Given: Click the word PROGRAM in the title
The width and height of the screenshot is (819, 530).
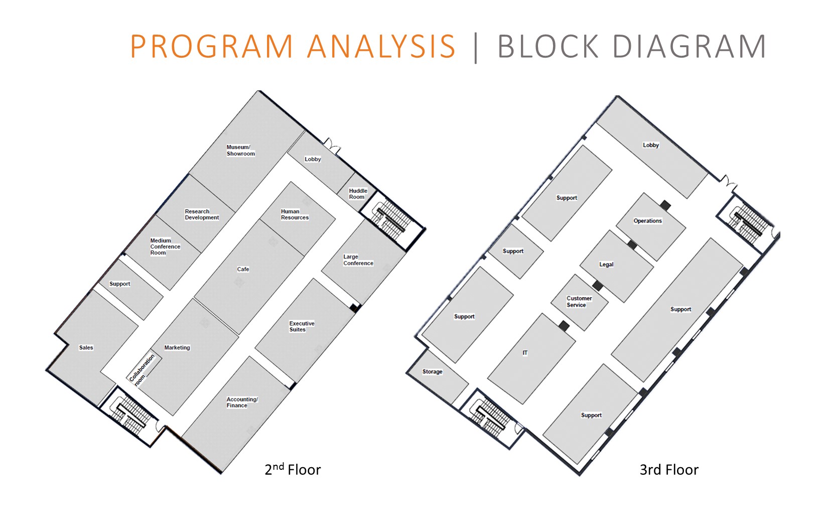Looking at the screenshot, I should pos(211,47).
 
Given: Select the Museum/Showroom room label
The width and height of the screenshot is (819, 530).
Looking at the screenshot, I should pos(240,151).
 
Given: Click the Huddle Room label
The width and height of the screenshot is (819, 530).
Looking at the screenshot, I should pos(358,194).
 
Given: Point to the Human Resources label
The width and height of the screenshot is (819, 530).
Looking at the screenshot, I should pos(295,214).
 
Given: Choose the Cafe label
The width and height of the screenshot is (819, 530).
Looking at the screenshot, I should pos(243,270).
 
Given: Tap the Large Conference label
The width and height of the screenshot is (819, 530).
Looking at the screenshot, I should pos(358,260).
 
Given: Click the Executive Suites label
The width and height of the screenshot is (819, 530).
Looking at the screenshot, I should pos(302,326).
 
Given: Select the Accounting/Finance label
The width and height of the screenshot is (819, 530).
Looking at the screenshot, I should pos(242,403).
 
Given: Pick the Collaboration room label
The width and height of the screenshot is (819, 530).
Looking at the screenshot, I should pos(142,370).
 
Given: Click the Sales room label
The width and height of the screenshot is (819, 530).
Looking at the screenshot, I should pos(86,347).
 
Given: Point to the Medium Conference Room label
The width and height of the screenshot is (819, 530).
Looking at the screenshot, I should pos(165,246).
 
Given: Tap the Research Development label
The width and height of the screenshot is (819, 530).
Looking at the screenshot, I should pos(202,214).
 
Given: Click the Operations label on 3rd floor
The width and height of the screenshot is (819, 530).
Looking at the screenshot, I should pos(647,221).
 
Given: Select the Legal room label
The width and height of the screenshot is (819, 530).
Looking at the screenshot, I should pos(606,264).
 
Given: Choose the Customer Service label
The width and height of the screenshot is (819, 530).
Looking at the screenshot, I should pos(579,302).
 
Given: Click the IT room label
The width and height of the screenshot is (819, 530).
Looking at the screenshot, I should pos(525,353).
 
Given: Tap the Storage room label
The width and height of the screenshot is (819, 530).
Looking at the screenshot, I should pos(432,372).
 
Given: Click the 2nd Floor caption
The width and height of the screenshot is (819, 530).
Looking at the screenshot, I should pos(293,470).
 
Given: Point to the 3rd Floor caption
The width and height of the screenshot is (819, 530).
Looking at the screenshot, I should pos(668,470).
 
